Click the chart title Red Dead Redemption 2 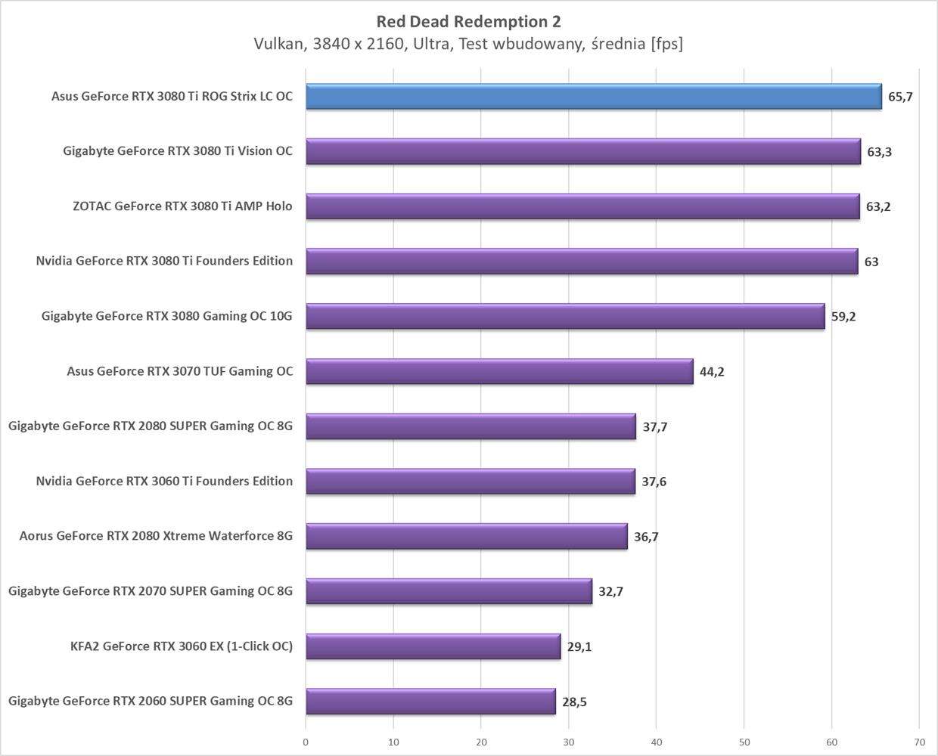click(468, 21)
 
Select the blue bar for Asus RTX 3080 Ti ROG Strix click(594, 97)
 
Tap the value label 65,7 click(900, 97)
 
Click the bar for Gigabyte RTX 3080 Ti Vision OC click(583, 151)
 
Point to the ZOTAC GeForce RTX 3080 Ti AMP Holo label click(182, 206)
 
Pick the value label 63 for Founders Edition click(871, 262)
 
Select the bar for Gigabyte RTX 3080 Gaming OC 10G click(565, 316)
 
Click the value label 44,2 click(712, 371)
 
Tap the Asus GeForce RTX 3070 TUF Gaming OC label click(179, 371)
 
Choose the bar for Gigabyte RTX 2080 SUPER click(471, 426)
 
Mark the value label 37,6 click(654, 482)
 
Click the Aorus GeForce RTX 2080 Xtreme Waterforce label click(156, 536)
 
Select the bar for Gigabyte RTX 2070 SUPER click(449, 591)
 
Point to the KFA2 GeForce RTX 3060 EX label click(181, 646)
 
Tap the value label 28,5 click(574, 702)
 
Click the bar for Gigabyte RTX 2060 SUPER click(430, 702)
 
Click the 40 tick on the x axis click(656, 742)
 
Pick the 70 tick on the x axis click(919, 742)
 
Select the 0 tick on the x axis click(306, 742)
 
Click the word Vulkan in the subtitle click(278, 44)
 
